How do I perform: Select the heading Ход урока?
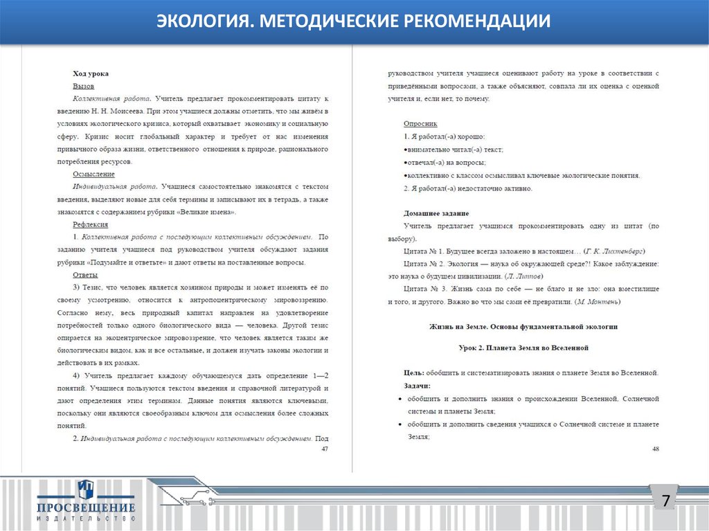[x=91, y=73]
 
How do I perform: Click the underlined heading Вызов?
[x=84, y=87]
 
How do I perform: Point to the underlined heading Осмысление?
[x=93, y=174]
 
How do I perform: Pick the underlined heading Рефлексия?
[x=90, y=224]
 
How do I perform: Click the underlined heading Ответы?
[x=85, y=275]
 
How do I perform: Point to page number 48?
[x=655, y=449]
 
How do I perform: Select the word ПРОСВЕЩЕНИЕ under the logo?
[x=87, y=509]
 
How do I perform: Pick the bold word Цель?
[x=414, y=373]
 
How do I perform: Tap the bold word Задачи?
[x=418, y=386]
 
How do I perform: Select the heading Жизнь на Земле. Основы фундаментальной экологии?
[x=523, y=326]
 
